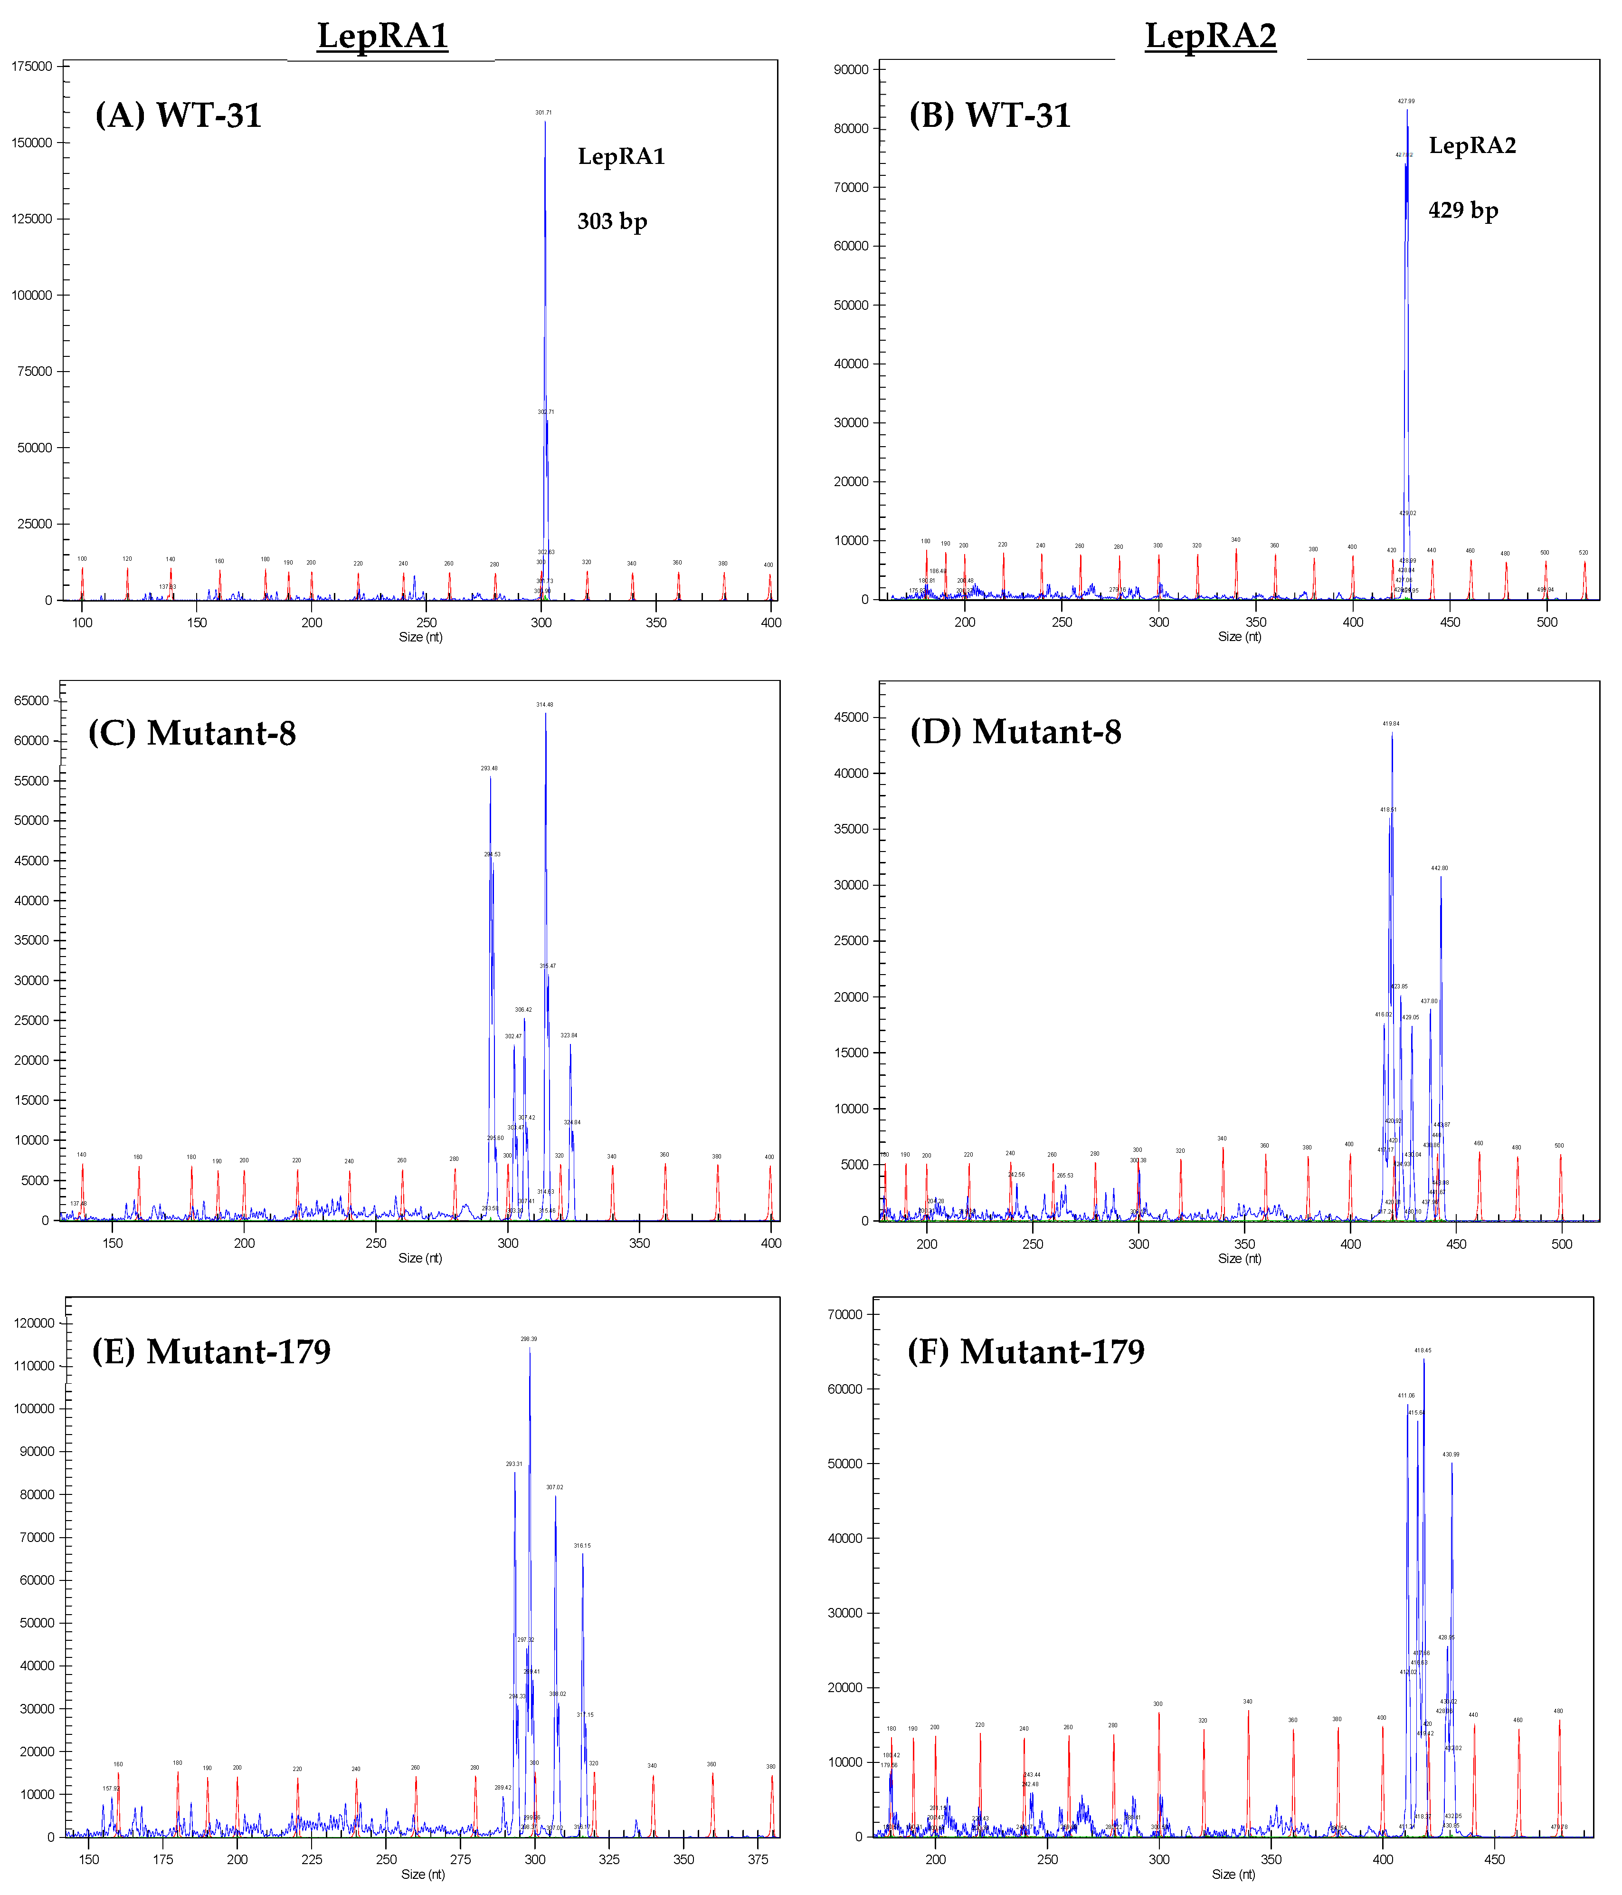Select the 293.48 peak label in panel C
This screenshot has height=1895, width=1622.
click(x=489, y=768)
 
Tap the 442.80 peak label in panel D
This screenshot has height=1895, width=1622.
click(x=1439, y=868)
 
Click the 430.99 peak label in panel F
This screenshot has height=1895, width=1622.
click(x=1451, y=1454)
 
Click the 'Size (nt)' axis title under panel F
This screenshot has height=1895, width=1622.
click(x=1233, y=1874)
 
